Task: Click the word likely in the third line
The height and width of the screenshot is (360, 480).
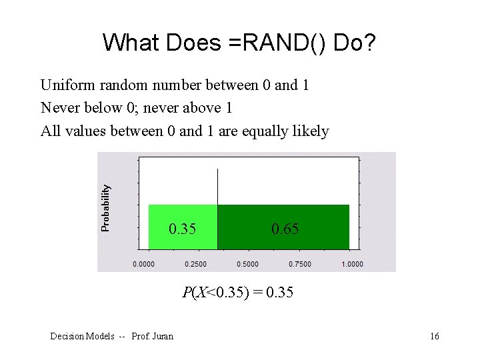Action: point(311,131)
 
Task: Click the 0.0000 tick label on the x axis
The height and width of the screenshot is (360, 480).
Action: point(144,264)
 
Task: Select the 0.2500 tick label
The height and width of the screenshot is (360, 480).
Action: point(195,264)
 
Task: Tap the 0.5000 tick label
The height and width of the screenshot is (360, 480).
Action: point(247,264)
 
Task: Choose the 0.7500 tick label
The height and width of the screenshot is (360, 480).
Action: point(300,264)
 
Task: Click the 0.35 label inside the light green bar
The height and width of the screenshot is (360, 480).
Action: point(182,229)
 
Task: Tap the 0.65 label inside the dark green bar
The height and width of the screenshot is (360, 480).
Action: point(285,229)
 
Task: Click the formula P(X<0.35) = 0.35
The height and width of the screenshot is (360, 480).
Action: point(238,292)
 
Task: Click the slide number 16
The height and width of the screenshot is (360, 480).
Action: point(434,336)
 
